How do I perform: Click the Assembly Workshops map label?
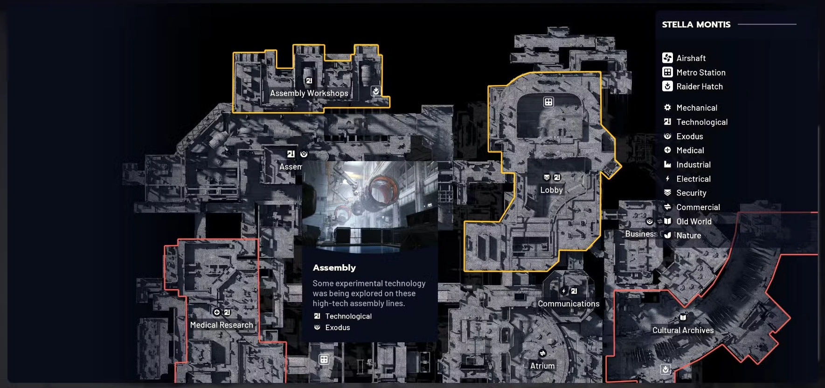(x=309, y=93)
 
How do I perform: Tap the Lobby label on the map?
(x=552, y=190)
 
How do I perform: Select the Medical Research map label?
(x=222, y=325)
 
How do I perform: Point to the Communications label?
(x=568, y=304)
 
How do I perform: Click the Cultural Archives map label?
(x=683, y=330)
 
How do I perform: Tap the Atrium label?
(x=542, y=366)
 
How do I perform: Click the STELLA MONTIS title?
(x=696, y=25)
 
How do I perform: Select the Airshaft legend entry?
(x=684, y=58)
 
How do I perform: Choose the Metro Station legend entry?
(x=694, y=72)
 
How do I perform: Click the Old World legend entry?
(x=688, y=221)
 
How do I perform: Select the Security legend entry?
(x=685, y=193)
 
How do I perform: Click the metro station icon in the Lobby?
(x=548, y=102)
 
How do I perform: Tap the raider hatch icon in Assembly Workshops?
(x=375, y=91)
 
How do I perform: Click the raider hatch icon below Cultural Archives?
(x=666, y=369)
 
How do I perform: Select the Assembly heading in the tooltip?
(x=334, y=268)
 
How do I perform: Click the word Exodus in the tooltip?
(x=338, y=327)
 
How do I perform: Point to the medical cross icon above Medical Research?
(x=216, y=312)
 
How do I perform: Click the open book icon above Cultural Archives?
(x=683, y=317)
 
